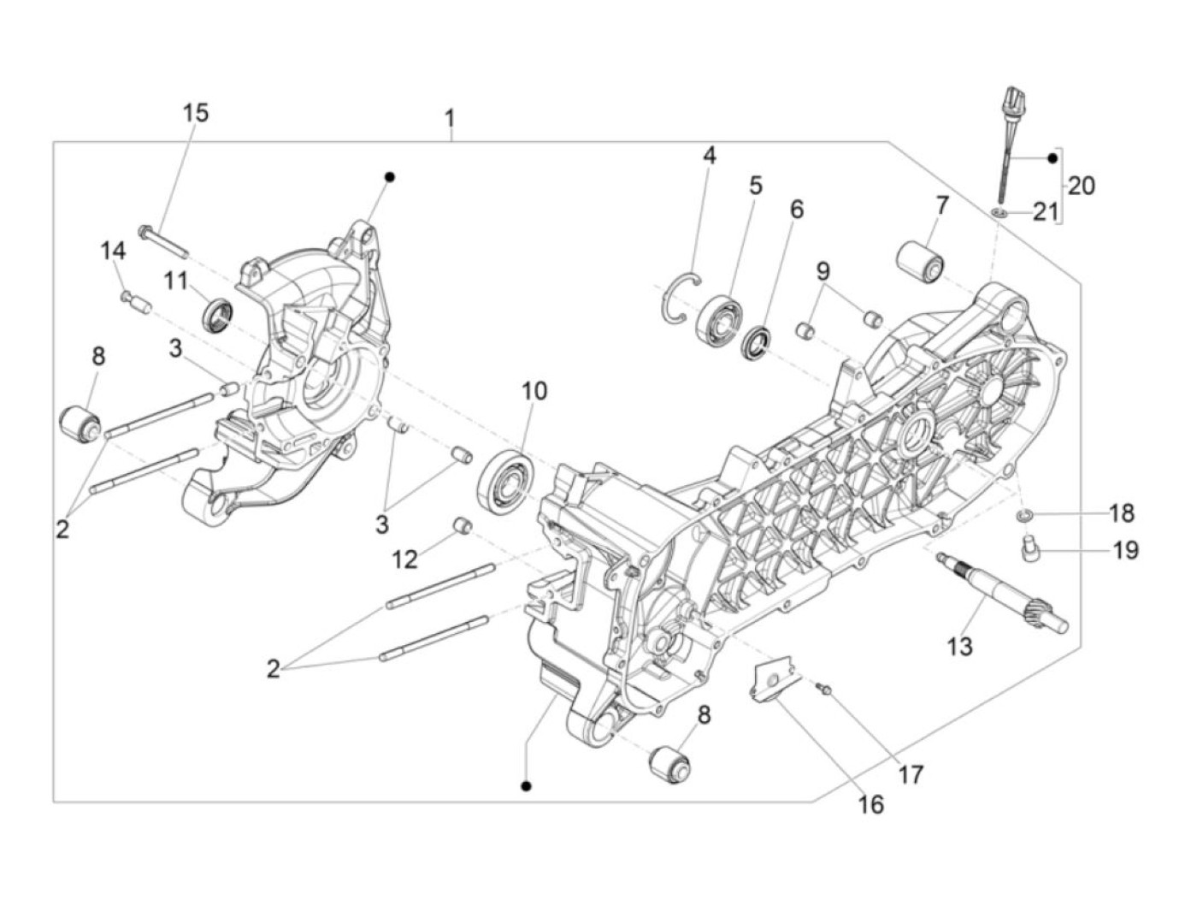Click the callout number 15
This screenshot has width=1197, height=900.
(195, 113)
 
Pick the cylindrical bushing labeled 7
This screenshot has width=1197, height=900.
(919, 260)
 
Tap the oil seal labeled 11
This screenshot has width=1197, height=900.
(218, 312)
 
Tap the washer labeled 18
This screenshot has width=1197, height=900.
(1023, 514)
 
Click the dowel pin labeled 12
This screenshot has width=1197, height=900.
(462, 524)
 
